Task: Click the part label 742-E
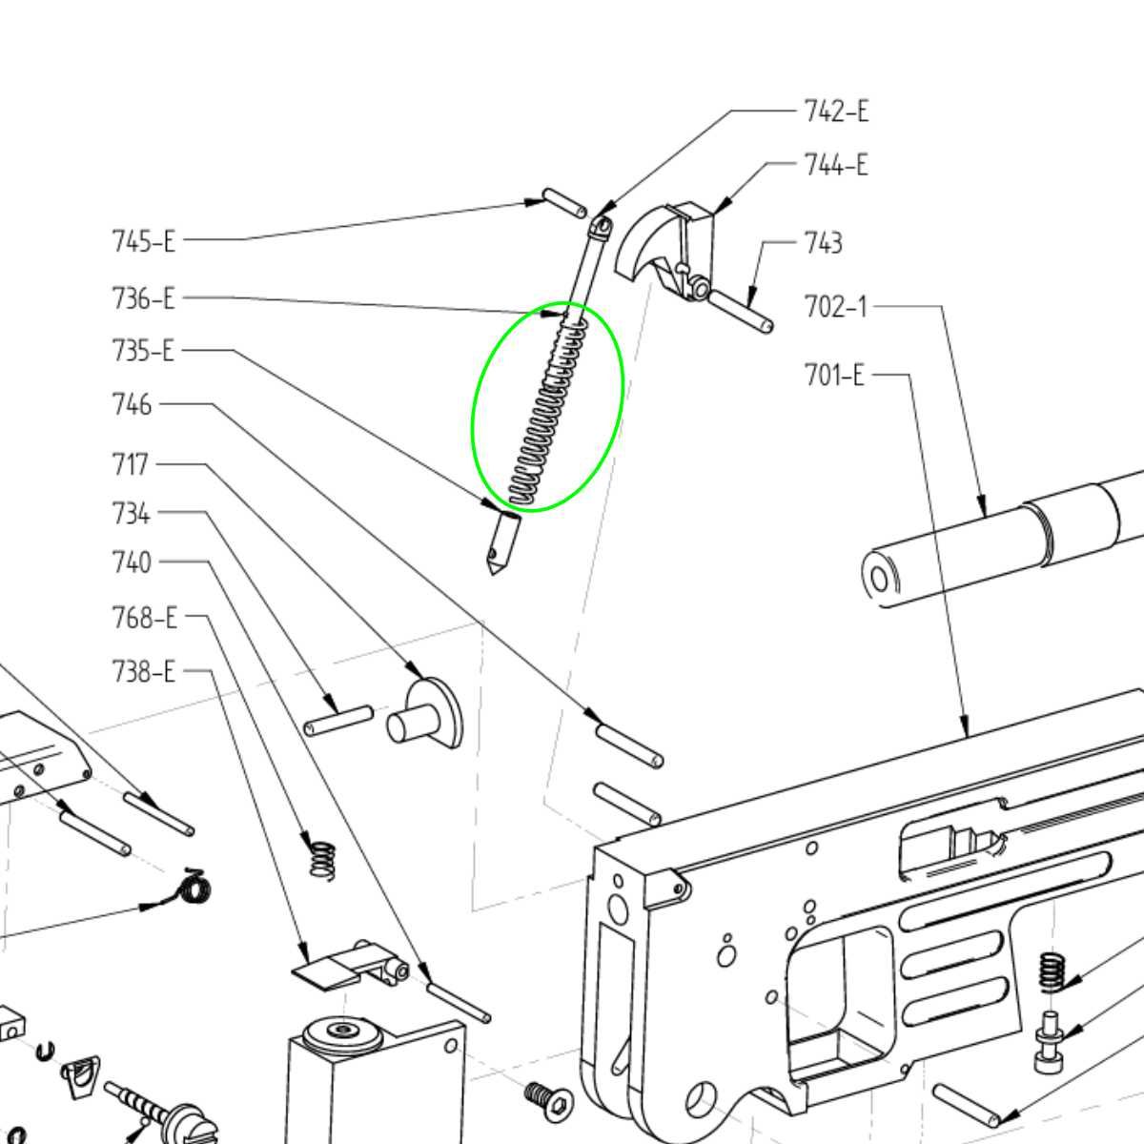pos(836,112)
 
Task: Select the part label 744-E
pos(836,165)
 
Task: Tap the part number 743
pos(823,243)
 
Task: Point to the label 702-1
pos(836,307)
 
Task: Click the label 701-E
pos(834,375)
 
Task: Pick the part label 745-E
pos(144,240)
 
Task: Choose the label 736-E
pos(144,298)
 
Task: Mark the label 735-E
pos(144,351)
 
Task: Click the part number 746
pos(132,405)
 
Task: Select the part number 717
pos(131,464)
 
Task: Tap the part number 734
pos(131,514)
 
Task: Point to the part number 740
pos(132,562)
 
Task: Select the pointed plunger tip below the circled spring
pos(500,543)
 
